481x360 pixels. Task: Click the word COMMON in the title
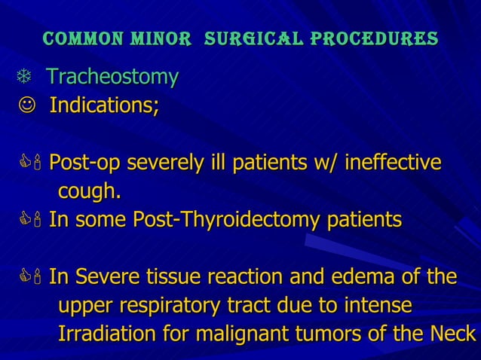point(75,38)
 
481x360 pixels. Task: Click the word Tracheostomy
point(112,77)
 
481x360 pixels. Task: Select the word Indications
point(104,105)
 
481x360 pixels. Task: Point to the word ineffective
point(393,163)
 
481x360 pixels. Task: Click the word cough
point(89,192)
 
